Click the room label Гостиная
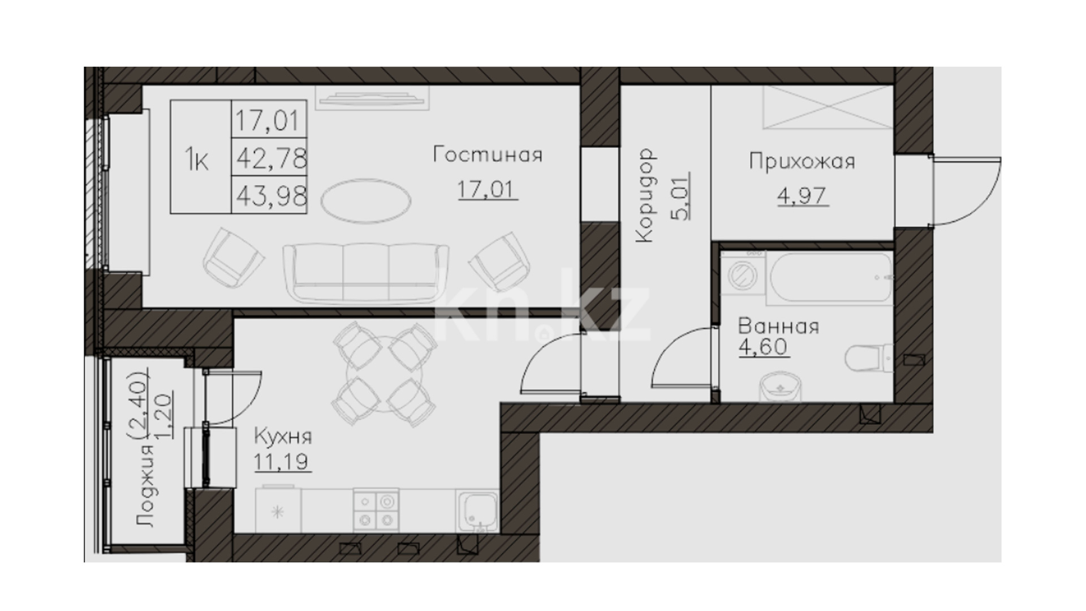[488, 154]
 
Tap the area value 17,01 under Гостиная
[487, 189]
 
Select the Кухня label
[283, 437]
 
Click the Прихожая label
[802, 162]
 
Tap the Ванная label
[778, 326]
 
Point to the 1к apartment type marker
[197, 161]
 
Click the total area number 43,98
[271, 196]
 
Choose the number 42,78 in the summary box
[271, 158]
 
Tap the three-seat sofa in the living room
[366, 273]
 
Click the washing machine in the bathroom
[742, 276]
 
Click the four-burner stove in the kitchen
[376, 510]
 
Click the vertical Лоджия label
[146, 485]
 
